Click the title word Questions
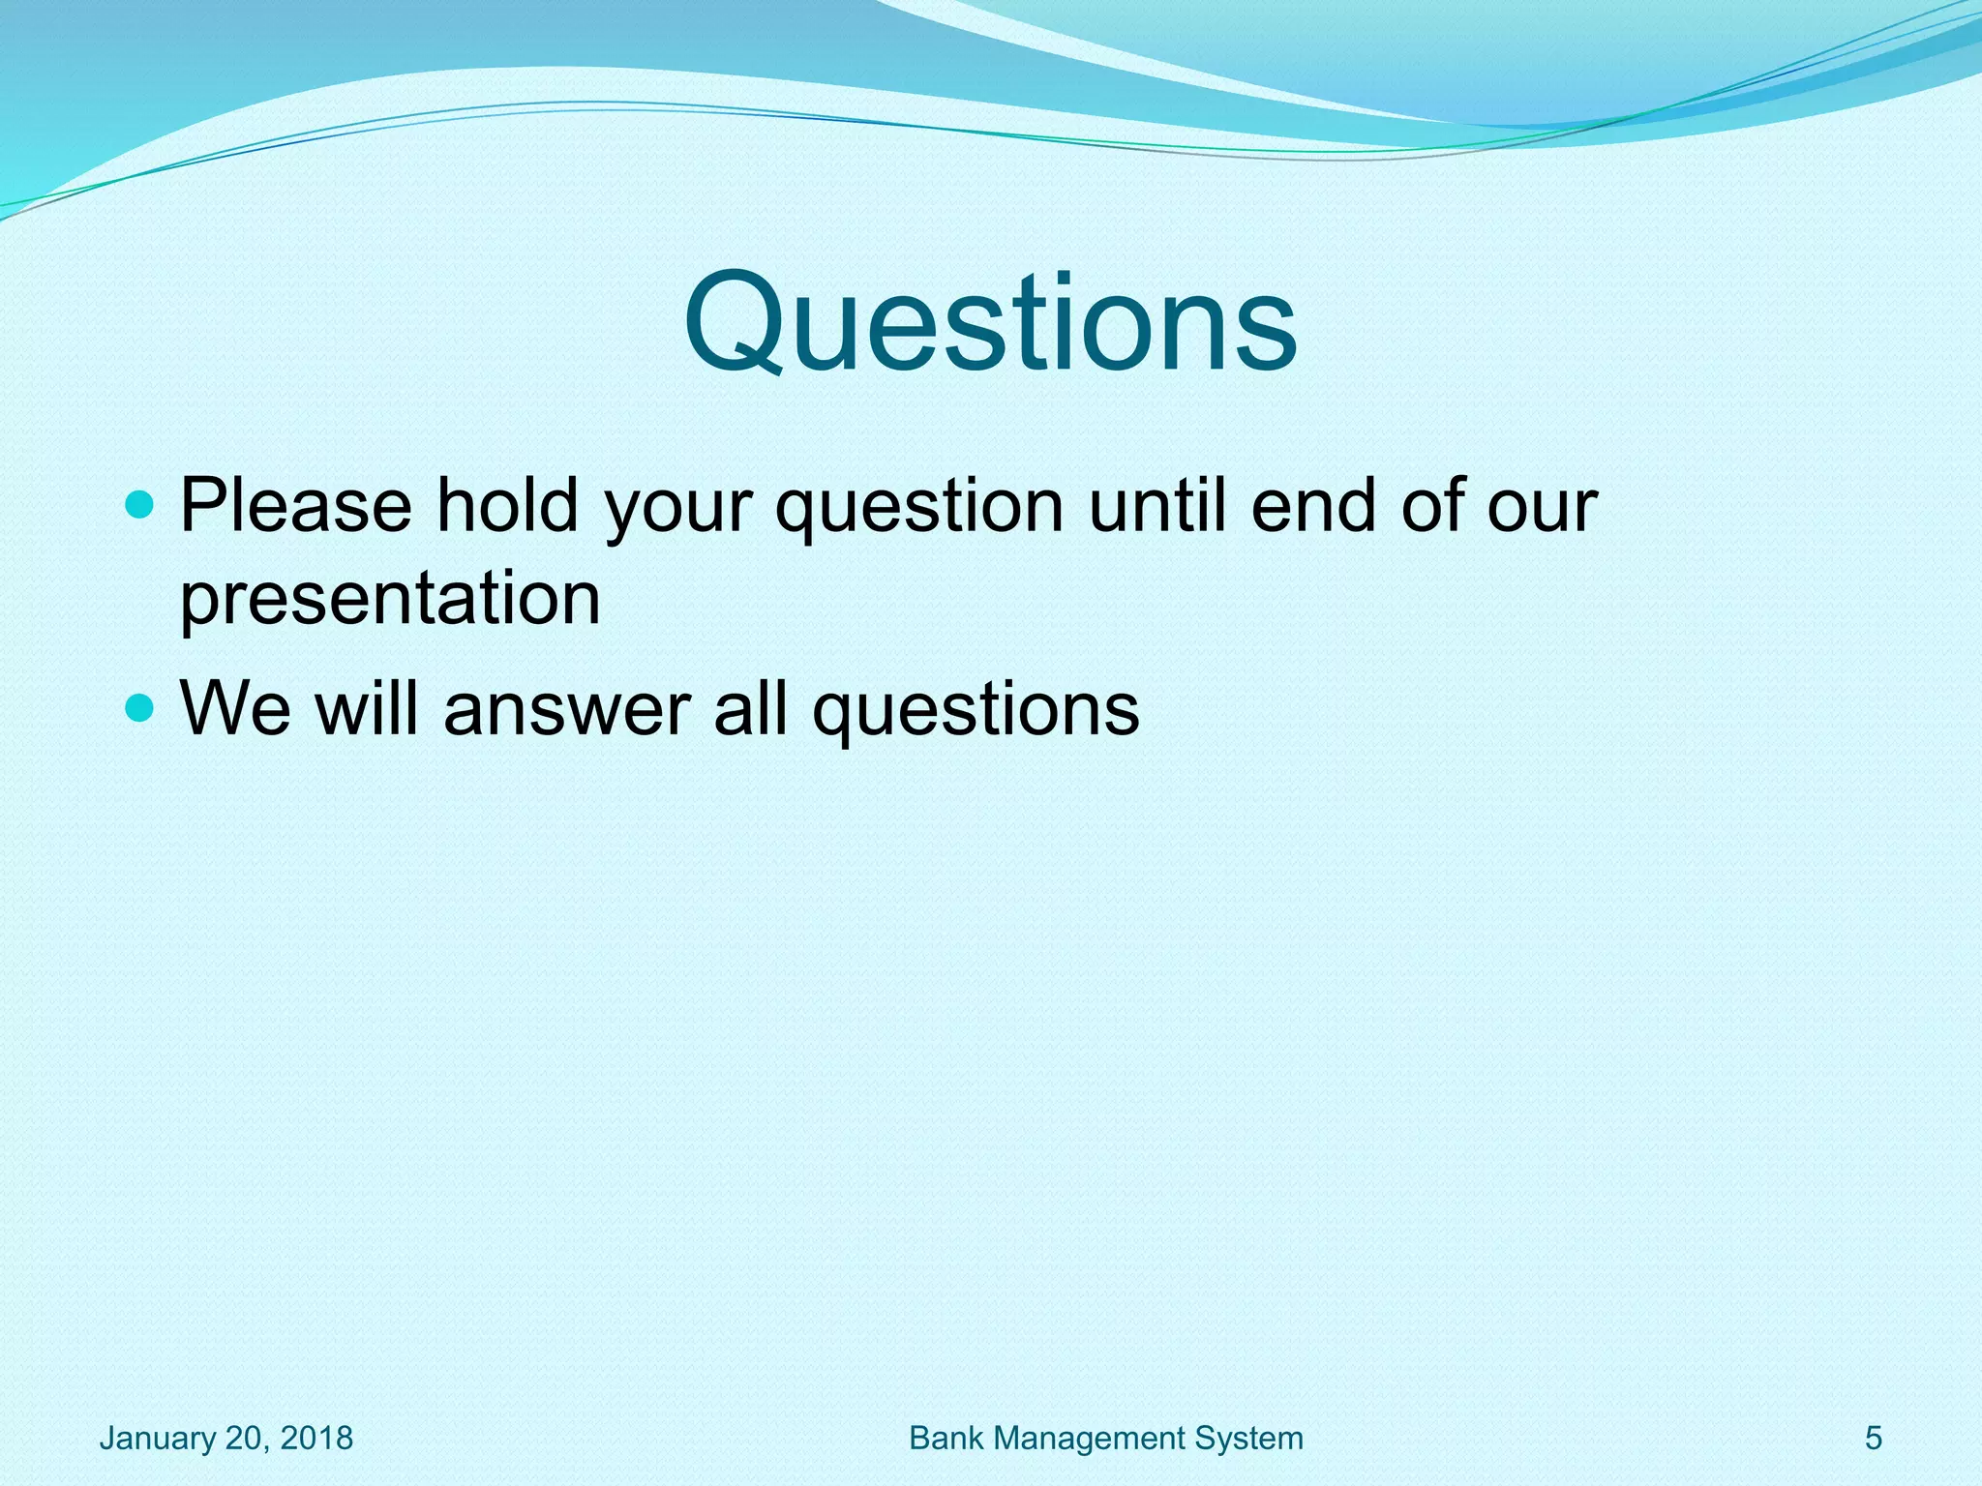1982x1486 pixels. [989, 323]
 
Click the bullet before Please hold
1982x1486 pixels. [140, 505]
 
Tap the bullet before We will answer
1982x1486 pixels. [140, 709]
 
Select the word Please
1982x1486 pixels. [296, 505]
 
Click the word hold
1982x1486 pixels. [506, 505]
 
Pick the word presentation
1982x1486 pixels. [390, 599]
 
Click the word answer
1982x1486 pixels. [567, 709]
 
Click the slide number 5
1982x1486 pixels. [1874, 1439]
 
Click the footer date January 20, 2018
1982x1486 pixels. [226, 1439]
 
